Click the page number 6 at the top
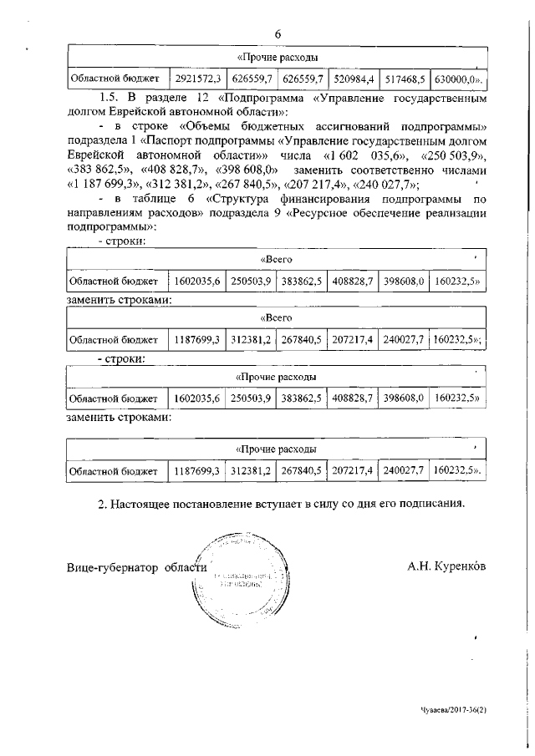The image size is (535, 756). tap(277, 33)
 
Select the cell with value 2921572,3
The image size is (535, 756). tap(197, 79)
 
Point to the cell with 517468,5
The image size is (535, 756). tap(405, 79)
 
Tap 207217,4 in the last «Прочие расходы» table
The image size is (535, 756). tap(353, 472)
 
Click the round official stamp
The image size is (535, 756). tap(241, 581)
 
